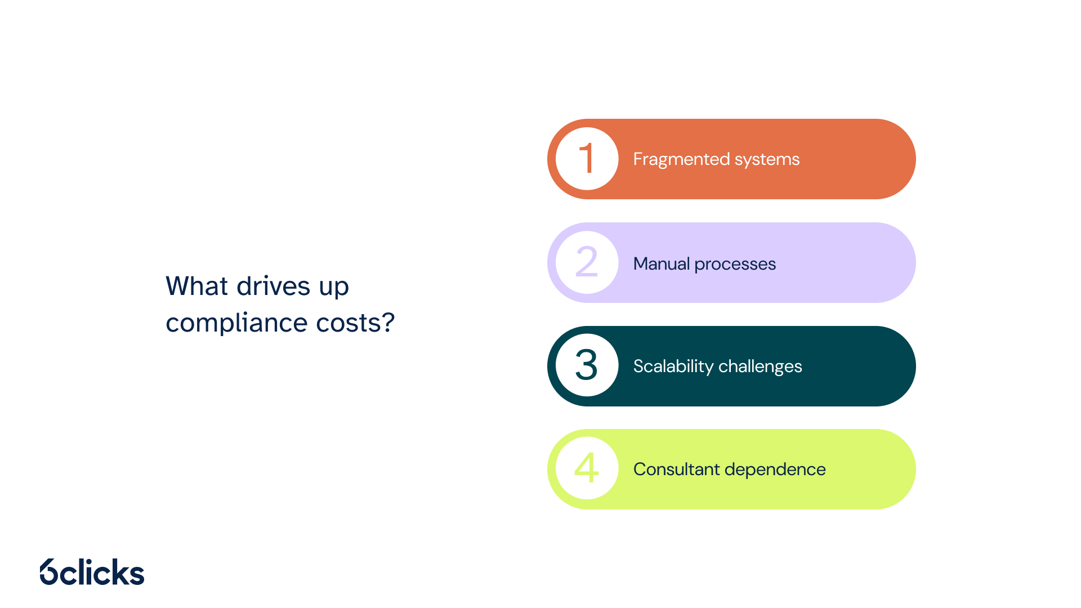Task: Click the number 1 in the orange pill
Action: point(587,158)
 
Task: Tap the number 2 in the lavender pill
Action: point(586,262)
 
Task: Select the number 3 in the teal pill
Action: point(586,365)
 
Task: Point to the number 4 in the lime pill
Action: point(586,468)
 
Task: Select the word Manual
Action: point(662,263)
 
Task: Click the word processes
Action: point(735,265)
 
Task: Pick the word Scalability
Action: point(673,366)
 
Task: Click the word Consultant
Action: point(677,469)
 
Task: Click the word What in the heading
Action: point(197,286)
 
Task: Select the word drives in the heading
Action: point(274,286)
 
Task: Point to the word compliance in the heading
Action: point(237,323)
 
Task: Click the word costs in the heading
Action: point(349,324)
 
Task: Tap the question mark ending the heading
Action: point(388,322)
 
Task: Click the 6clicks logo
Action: point(92,572)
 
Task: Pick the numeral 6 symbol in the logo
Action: point(49,572)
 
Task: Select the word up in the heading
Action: point(334,288)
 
